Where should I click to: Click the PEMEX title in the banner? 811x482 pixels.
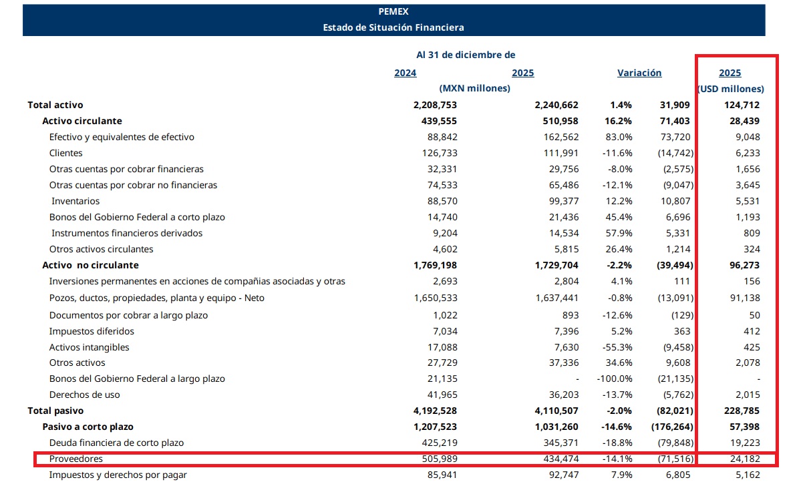click(393, 11)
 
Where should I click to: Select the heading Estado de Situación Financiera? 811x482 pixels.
click(393, 27)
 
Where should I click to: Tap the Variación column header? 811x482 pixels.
click(639, 73)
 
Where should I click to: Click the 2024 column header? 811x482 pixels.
click(405, 73)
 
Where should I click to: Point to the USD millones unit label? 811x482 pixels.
click(730, 89)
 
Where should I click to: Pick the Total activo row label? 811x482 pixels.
click(55, 105)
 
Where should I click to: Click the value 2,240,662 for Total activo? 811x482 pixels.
click(556, 105)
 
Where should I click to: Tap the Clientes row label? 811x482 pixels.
click(66, 153)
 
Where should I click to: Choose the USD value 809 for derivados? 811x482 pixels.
click(751, 233)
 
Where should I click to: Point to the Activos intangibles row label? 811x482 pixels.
click(90, 347)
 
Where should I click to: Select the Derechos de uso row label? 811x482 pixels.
click(84, 395)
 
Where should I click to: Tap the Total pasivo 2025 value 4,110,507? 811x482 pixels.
click(556, 411)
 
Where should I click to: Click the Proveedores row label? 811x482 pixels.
click(76, 459)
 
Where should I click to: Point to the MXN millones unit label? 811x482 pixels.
click(475, 89)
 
